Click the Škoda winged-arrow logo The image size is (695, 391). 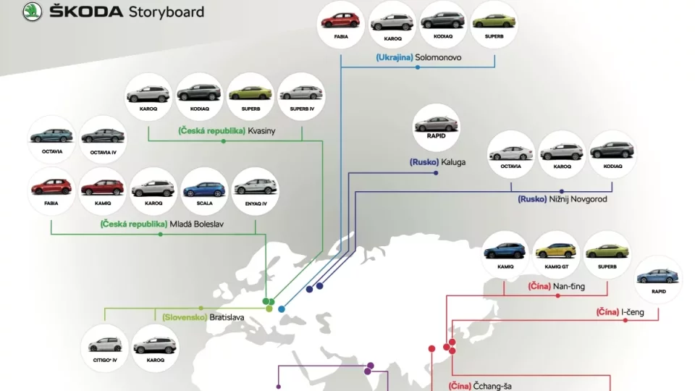[33, 12]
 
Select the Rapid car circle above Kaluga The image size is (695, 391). [436, 125]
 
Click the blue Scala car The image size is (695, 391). [205, 188]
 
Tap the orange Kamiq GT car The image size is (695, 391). [555, 251]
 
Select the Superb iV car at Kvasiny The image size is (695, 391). [301, 93]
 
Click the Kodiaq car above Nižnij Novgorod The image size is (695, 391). [612, 151]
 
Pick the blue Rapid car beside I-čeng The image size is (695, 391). [658, 277]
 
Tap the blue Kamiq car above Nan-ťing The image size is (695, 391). [505, 251]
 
